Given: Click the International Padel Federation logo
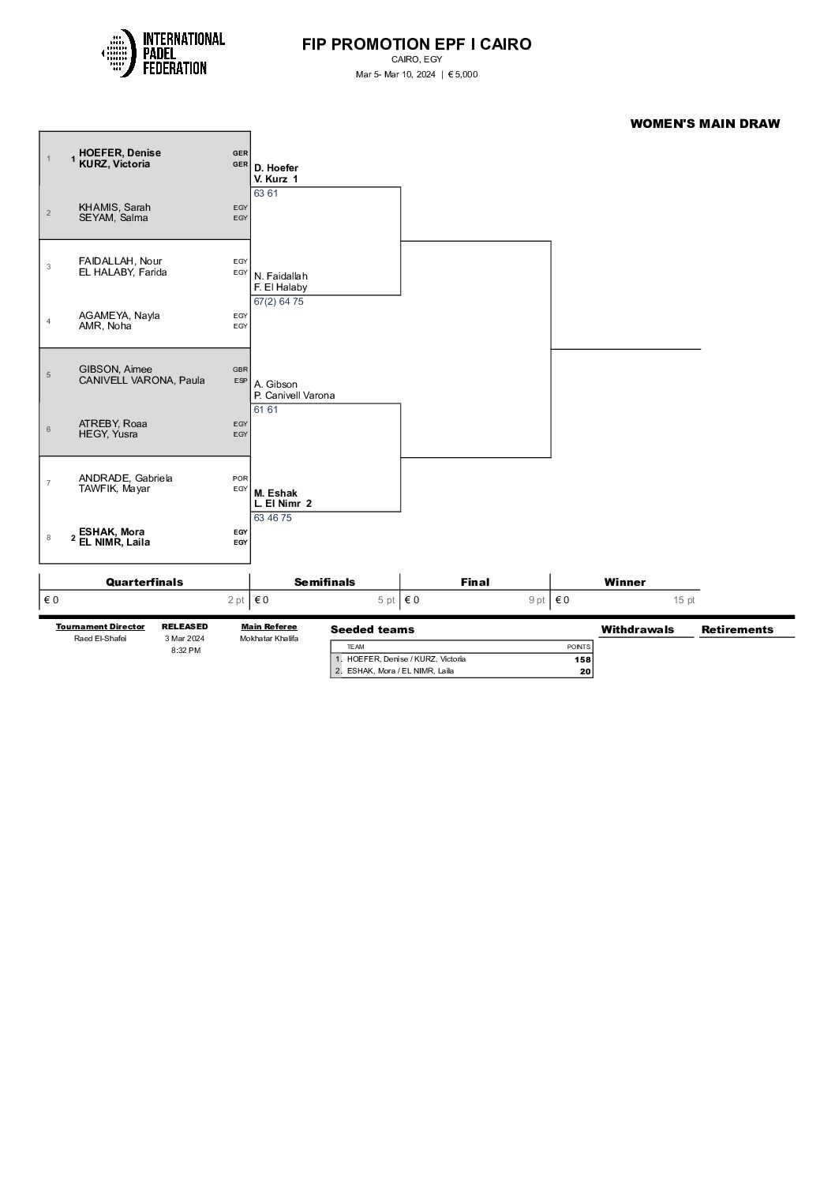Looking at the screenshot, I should tap(163, 53).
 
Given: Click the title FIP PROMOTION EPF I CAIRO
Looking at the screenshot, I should tap(417, 44).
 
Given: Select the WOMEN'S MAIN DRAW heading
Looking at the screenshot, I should tap(705, 123).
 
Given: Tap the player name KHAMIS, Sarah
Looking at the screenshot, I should tap(114, 208).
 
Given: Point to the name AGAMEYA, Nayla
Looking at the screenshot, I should tap(119, 316).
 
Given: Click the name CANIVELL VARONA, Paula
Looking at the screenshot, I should tap(141, 380).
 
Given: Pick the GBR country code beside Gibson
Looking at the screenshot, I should tap(240, 370).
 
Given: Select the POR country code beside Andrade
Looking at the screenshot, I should tap(240, 478).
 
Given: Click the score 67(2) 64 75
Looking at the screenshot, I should tap(279, 302).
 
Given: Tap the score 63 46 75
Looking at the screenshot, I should tap(273, 518).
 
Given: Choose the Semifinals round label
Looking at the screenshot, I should tap(325, 582).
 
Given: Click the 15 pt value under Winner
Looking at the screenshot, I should tap(683, 600).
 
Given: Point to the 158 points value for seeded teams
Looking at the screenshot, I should tap(582, 659).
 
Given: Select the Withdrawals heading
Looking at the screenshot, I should tap(637, 629).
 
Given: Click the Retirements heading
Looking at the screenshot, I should tap(737, 629).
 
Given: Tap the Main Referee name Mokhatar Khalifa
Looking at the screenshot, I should tap(269, 638).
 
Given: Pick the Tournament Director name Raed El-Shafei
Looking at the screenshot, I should tap(100, 638).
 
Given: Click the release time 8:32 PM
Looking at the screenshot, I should tap(185, 650).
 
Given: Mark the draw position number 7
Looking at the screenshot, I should tap(48, 483).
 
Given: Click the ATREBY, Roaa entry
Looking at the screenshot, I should tap(113, 424).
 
